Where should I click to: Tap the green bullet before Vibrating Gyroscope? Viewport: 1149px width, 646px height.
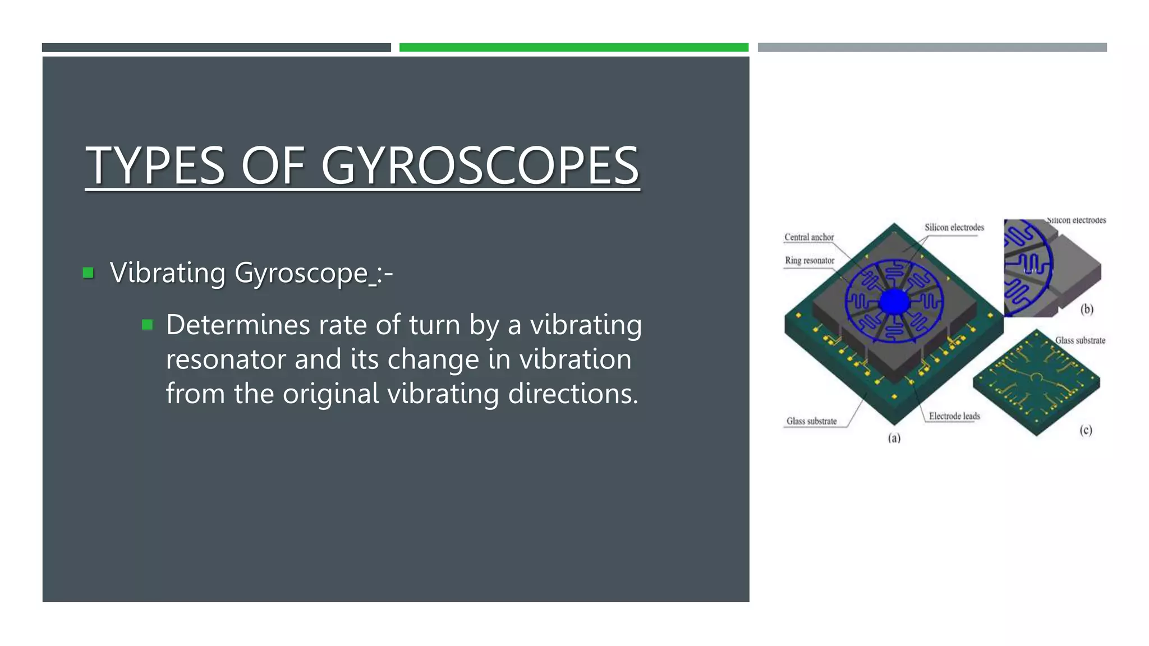(88, 273)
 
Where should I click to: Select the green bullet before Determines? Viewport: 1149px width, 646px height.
(148, 325)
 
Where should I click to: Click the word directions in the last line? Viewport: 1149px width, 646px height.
(572, 394)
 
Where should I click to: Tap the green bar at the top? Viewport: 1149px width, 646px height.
(573, 48)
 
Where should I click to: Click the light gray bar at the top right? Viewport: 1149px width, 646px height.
(932, 48)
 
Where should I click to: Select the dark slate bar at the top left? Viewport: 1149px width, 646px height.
(216, 48)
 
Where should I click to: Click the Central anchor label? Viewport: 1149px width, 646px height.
(808, 237)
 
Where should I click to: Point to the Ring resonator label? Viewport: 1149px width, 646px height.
(809, 261)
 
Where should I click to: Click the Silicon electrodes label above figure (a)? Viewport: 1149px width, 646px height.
(954, 228)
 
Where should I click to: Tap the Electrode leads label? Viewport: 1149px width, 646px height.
(954, 416)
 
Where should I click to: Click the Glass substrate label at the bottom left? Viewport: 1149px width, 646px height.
(811, 421)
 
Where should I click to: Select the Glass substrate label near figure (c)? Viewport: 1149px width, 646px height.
(1080, 340)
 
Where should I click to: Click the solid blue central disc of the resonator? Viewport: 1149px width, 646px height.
(893, 302)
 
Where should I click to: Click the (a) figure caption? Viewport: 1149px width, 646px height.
(894, 438)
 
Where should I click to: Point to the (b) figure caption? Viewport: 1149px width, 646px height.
(1087, 309)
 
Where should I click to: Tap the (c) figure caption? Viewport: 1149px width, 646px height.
(1086, 430)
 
